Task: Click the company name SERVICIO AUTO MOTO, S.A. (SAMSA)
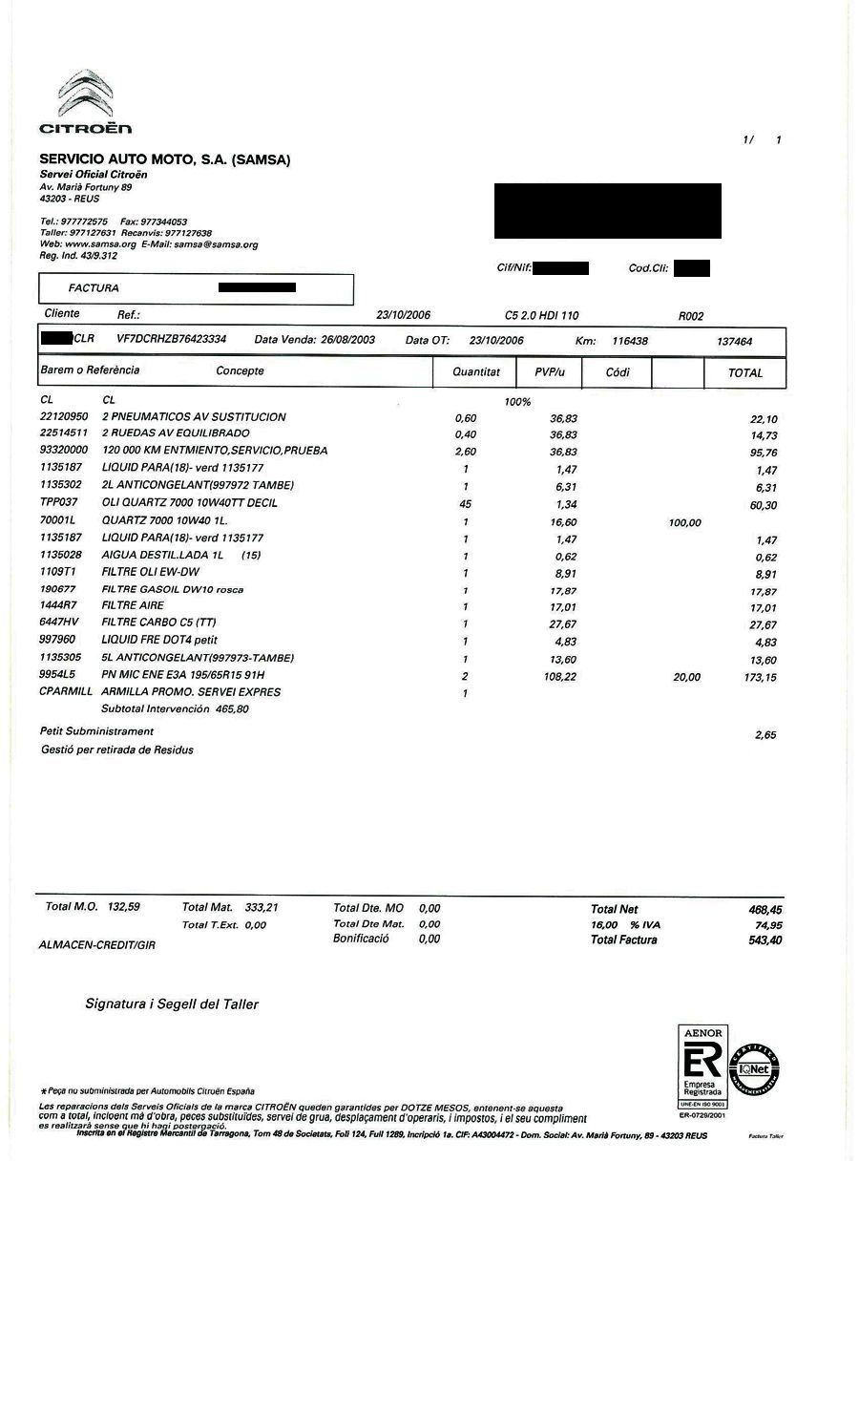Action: pos(164,159)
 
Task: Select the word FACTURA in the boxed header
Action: pos(94,287)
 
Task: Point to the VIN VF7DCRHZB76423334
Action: pos(171,339)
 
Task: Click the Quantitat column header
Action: pos(475,371)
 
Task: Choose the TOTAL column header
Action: pos(744,372)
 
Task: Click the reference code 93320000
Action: pos(64,450)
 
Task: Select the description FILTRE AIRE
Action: pos(133,605)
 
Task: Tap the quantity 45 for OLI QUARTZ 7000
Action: pos(466,504)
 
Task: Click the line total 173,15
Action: pos(759,677)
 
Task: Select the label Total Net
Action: pos(614,909)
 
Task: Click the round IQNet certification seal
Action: pos(755,1069)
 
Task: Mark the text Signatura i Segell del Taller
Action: pos(172,1003)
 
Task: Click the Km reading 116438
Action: pos(630,341)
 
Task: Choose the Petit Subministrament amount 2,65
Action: pos(765,734)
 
